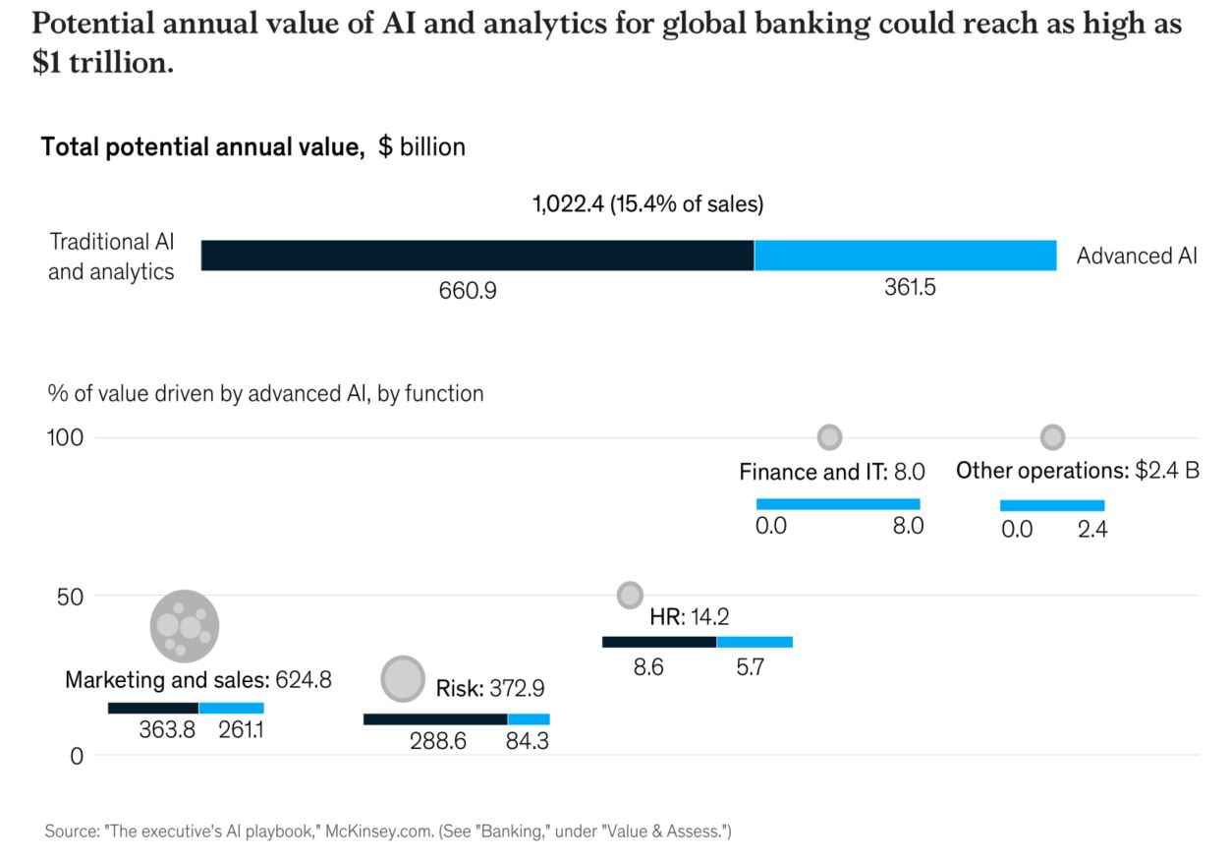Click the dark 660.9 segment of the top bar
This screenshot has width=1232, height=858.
(477, 256)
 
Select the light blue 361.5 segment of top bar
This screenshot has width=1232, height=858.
(905, 256)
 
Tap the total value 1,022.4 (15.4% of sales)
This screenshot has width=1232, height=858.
(647, 204)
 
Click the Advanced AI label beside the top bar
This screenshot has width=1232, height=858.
(1137, 257)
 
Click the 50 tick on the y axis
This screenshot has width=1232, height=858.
(75, 597)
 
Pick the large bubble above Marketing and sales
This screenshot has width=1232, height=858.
(184, 625)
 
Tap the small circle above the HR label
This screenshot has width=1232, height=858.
(630, 595)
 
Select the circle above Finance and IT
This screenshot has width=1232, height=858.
(829, 437)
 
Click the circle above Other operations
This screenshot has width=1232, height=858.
(1052, 437)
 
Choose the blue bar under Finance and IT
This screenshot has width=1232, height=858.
(838, 504)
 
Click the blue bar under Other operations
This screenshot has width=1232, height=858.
(1052, 505)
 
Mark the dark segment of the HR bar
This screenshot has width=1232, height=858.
(659, 642)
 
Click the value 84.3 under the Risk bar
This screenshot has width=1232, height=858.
(527, 741)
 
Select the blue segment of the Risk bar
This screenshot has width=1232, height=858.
(529, 719)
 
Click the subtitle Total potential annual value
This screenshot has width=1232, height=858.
(201, 147)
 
